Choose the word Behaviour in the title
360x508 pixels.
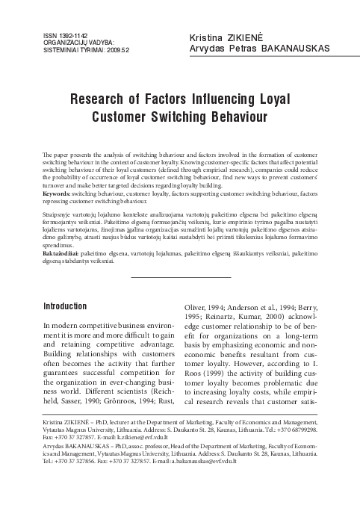tap(235, 117)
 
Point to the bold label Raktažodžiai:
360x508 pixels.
tap(60, 253)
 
